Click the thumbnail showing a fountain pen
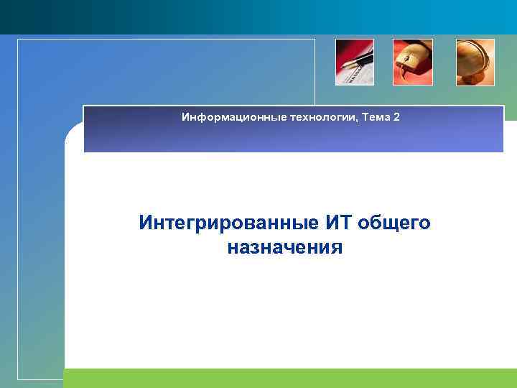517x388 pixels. tap(355, 63)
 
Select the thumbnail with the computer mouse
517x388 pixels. tap(413, 63)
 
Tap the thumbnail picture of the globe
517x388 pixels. tap(475, 63)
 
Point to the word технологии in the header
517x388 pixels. tap(302, 116)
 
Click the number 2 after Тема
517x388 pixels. tap(397, 116)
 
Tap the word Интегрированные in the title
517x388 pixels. tap(229, 223)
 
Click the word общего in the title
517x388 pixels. tap(394, 223)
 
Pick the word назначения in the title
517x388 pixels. tap(284, 248)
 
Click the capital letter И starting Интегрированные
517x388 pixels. tap(146, 223)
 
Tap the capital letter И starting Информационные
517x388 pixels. tap(185, 116)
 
